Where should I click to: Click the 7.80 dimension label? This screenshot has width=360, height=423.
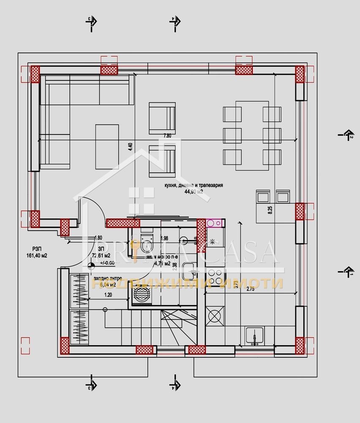(x=167, y=136)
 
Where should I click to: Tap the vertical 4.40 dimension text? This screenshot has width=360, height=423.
(x=131, y=147)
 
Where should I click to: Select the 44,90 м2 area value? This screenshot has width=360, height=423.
(x=194, y=192)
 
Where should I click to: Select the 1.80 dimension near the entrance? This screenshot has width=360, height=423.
(x=98, y=238)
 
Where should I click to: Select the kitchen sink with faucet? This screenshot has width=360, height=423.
(x=254, y=336)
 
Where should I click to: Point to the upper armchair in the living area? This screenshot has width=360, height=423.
(x=162, y=117)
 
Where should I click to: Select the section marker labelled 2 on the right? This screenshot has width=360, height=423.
(x=346, y=135)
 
